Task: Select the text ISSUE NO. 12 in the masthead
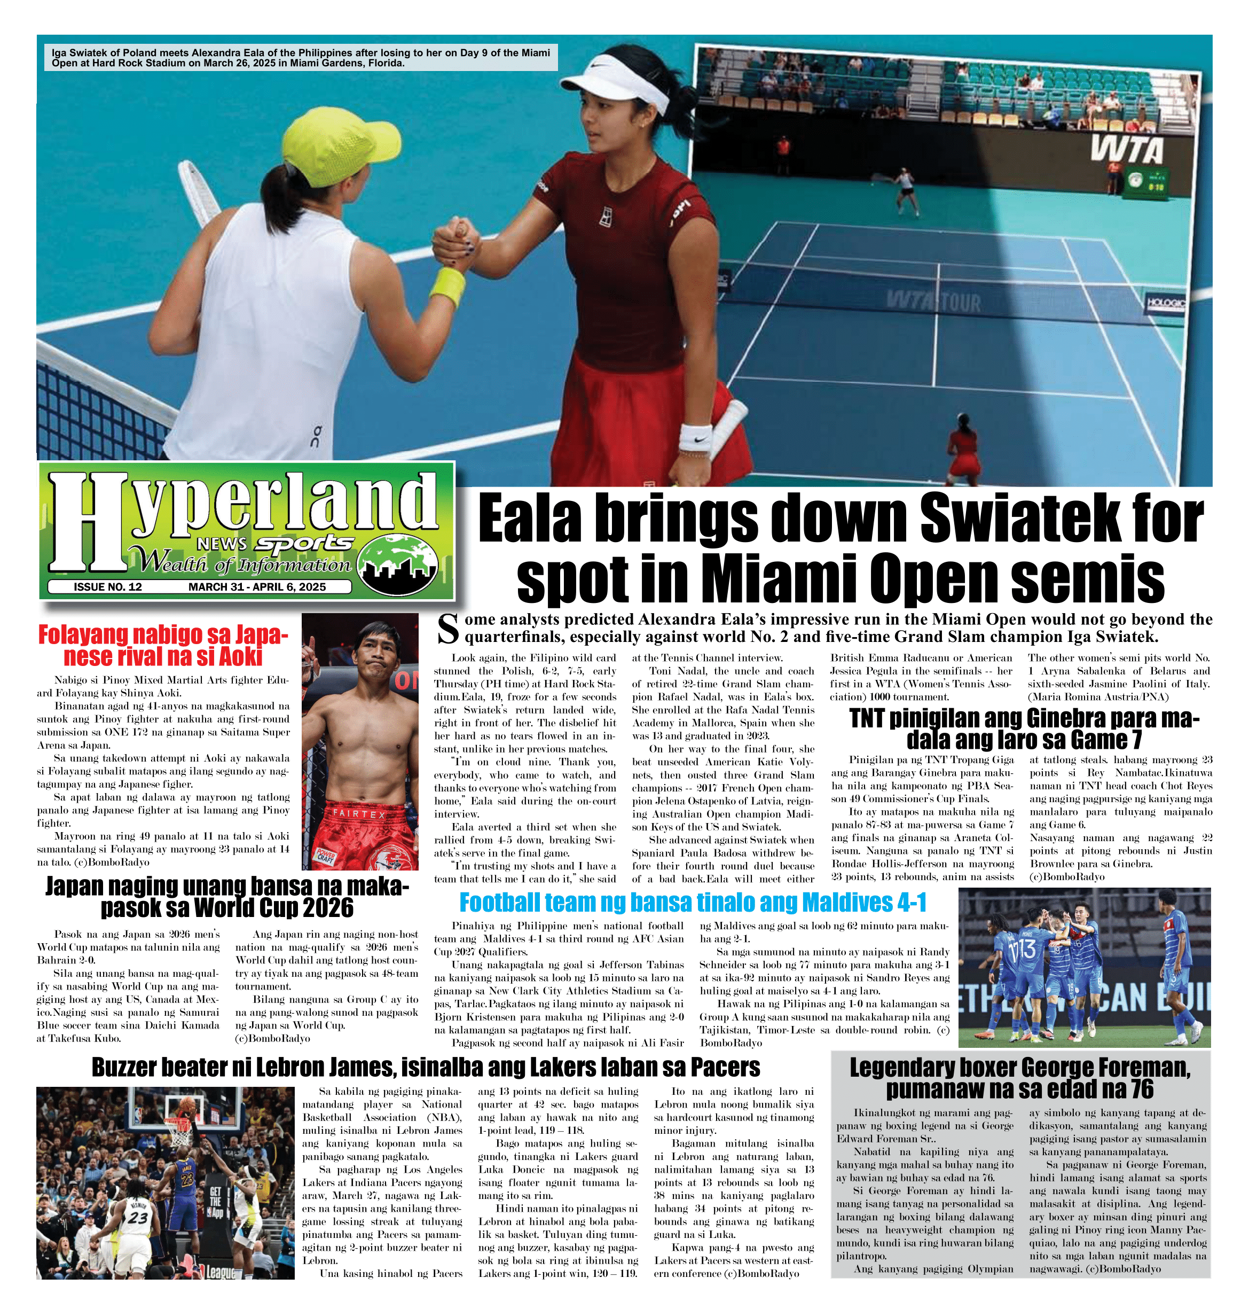pyautogui.click(x=108, y=586)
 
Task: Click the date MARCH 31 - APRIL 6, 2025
pyautogui.click(x=257, y=586)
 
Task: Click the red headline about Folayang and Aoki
pyautogui.click(x=163, y=646)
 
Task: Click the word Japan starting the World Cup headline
pyautogui.click(x=76, y=887)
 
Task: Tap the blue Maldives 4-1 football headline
pyautogui.click(x=693, y=902)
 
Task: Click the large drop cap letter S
pyautogui.click(x=448, y=629)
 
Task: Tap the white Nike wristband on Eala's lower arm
pyautogui.click(x=696, y=437)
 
